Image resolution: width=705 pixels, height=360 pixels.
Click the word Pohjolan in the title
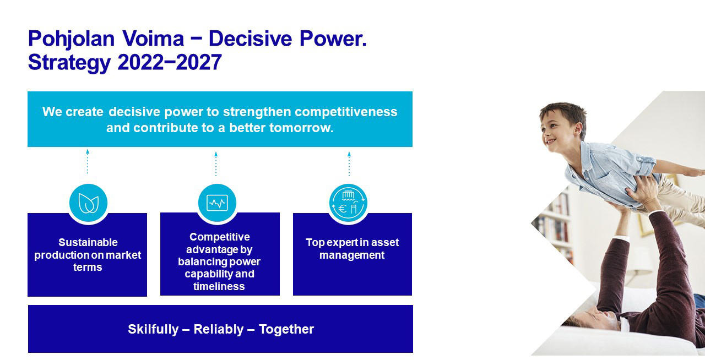pos(72,39)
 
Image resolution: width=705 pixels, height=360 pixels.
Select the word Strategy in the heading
pos(69,63)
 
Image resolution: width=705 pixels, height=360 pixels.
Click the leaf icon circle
pos(89,203)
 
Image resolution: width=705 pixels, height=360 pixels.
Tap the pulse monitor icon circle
pos(217,203)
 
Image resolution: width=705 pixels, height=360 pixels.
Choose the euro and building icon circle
pos(349,203)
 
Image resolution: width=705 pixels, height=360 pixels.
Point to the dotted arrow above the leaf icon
pos(88,161)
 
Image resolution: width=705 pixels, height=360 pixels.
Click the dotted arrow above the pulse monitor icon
pos(216,164)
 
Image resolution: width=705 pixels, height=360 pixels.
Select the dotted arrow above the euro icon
pos(349,164)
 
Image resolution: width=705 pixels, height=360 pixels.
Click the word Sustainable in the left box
pos(88,242)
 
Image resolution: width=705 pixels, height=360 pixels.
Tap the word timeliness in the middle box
pos(219,286)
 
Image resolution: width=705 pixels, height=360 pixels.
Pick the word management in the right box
pos(352,255)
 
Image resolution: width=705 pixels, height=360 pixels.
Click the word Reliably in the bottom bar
pos(219,329)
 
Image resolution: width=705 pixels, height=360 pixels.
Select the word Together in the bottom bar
pos(286,330)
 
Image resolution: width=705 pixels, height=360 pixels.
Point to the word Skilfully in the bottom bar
pos(153,330)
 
